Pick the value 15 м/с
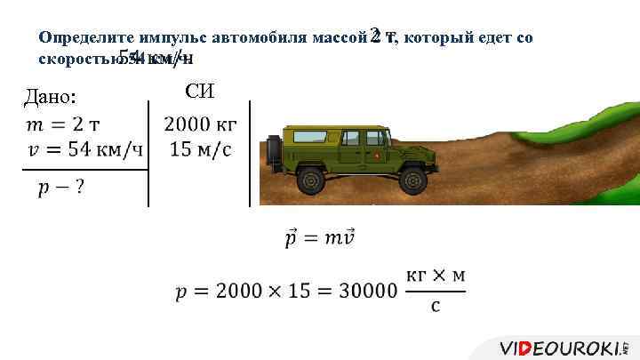pyautogui.click(x=200, y=149)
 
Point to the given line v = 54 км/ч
pyautogui.click(x=85, y=149)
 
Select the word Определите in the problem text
pyautogui.click(x=83, y=39)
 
